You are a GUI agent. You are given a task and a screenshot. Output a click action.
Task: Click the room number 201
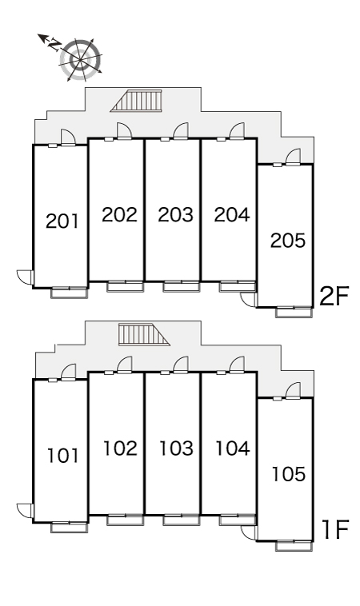click(62, 221)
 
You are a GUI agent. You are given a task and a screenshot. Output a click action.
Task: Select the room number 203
click(175, 214)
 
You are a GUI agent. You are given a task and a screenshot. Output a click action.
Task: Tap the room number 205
click(288, 240)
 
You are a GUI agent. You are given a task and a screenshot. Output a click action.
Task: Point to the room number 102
click(120, 449)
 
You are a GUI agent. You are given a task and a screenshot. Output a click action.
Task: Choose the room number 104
click(232, 449)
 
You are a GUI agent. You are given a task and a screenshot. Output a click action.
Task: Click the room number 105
click(289, 474)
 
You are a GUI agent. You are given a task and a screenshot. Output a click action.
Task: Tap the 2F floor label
click(334, 296)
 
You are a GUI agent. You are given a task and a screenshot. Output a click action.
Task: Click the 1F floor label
click(336, 529)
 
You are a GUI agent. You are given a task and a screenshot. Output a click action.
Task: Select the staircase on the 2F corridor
click(136, 101)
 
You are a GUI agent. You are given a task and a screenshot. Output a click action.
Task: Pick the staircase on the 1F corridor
click(144, 335)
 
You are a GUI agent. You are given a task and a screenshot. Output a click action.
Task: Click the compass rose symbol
click(81, 60)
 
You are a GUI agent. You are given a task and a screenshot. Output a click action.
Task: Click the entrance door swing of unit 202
click(125, 131)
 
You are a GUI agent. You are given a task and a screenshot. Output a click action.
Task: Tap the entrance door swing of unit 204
click(237, 131)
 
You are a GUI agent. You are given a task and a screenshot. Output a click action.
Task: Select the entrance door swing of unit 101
click(69, 373)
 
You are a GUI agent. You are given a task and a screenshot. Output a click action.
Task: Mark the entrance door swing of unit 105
click(293, 390)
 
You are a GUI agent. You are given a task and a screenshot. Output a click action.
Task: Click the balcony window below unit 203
click(181, 286)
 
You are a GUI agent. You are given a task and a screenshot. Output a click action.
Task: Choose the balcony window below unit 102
click(126, 520)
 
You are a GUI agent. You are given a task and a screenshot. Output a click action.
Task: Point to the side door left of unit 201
click(26, 277)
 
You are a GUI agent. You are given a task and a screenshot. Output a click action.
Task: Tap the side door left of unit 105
click(249, 532)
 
